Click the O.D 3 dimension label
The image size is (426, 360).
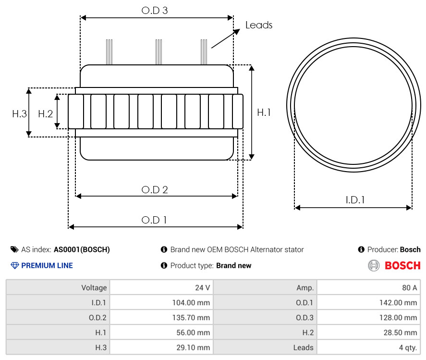pos(155,10)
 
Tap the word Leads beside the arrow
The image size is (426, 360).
pos(259,25)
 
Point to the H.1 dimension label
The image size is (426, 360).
pos(264,112)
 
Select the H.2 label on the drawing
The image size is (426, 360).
pos(45,113)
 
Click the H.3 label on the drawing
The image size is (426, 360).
pos(20,113)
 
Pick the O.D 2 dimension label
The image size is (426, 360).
pos(155,189)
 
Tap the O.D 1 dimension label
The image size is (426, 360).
pos(154,220)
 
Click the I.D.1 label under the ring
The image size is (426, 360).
pos(355,200)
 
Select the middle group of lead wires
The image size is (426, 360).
pos(158,52)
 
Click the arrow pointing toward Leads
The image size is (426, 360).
pos(226,38)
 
